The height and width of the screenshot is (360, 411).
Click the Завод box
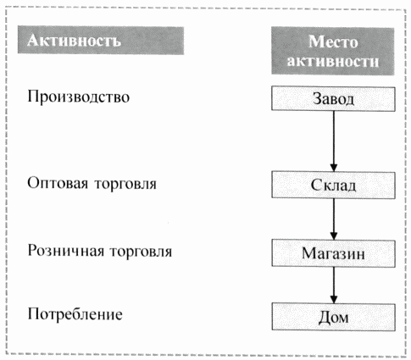333,98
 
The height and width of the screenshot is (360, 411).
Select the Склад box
333,185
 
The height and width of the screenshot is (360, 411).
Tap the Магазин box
333,253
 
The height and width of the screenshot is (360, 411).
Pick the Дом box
333,317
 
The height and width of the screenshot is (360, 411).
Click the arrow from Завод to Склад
334,141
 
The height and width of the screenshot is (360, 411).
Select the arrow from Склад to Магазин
334,219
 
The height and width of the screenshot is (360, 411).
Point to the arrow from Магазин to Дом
334,285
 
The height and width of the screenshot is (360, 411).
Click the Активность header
101,40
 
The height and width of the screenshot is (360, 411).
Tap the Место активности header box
333,51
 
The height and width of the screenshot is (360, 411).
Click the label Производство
79,97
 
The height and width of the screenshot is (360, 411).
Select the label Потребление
75,314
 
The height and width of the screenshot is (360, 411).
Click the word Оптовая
58,183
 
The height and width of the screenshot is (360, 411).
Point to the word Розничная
66,251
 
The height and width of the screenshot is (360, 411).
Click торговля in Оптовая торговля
125,184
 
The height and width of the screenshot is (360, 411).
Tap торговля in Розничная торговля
141,252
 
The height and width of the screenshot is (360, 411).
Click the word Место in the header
333,42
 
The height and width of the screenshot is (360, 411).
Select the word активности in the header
333,61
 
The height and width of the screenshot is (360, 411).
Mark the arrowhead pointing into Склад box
334,168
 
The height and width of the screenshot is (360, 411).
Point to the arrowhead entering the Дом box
334,300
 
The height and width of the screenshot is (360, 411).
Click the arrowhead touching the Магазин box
334,236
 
